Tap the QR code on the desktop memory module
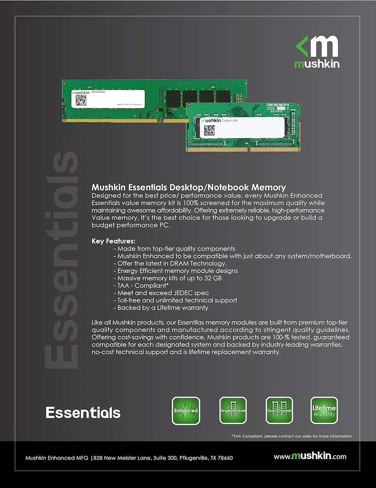[x=81, y=100]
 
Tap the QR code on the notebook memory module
[x=209, y=130]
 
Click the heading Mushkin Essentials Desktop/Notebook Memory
[x=189, y=188]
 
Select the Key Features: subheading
[x=113, y=240]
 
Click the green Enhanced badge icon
[x=185, y=410]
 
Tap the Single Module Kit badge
[x=233, y=410]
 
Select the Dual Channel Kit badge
[x=279, y=410]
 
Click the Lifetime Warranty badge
[x=324, y=410]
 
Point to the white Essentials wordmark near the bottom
[x=83, y=412]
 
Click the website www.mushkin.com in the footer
[x=310, y=456]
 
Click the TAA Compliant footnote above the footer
[x=292, y=436]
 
